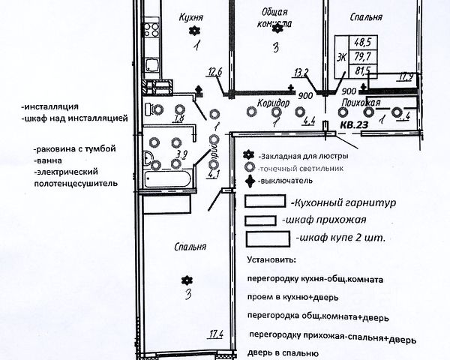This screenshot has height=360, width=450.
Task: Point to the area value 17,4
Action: click(x=217, y=333)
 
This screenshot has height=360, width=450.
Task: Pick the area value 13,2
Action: click(x=301, y=73)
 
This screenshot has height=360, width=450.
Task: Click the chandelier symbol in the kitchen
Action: click(x=194, y=31)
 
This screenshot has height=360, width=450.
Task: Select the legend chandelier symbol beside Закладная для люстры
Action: click(x=249, y=155)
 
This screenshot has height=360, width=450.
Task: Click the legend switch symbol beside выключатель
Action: click(x=249, y=181)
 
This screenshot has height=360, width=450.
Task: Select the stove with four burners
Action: click(x=153, y=31)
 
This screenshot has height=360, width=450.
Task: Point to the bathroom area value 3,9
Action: click(x=181, y=155)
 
